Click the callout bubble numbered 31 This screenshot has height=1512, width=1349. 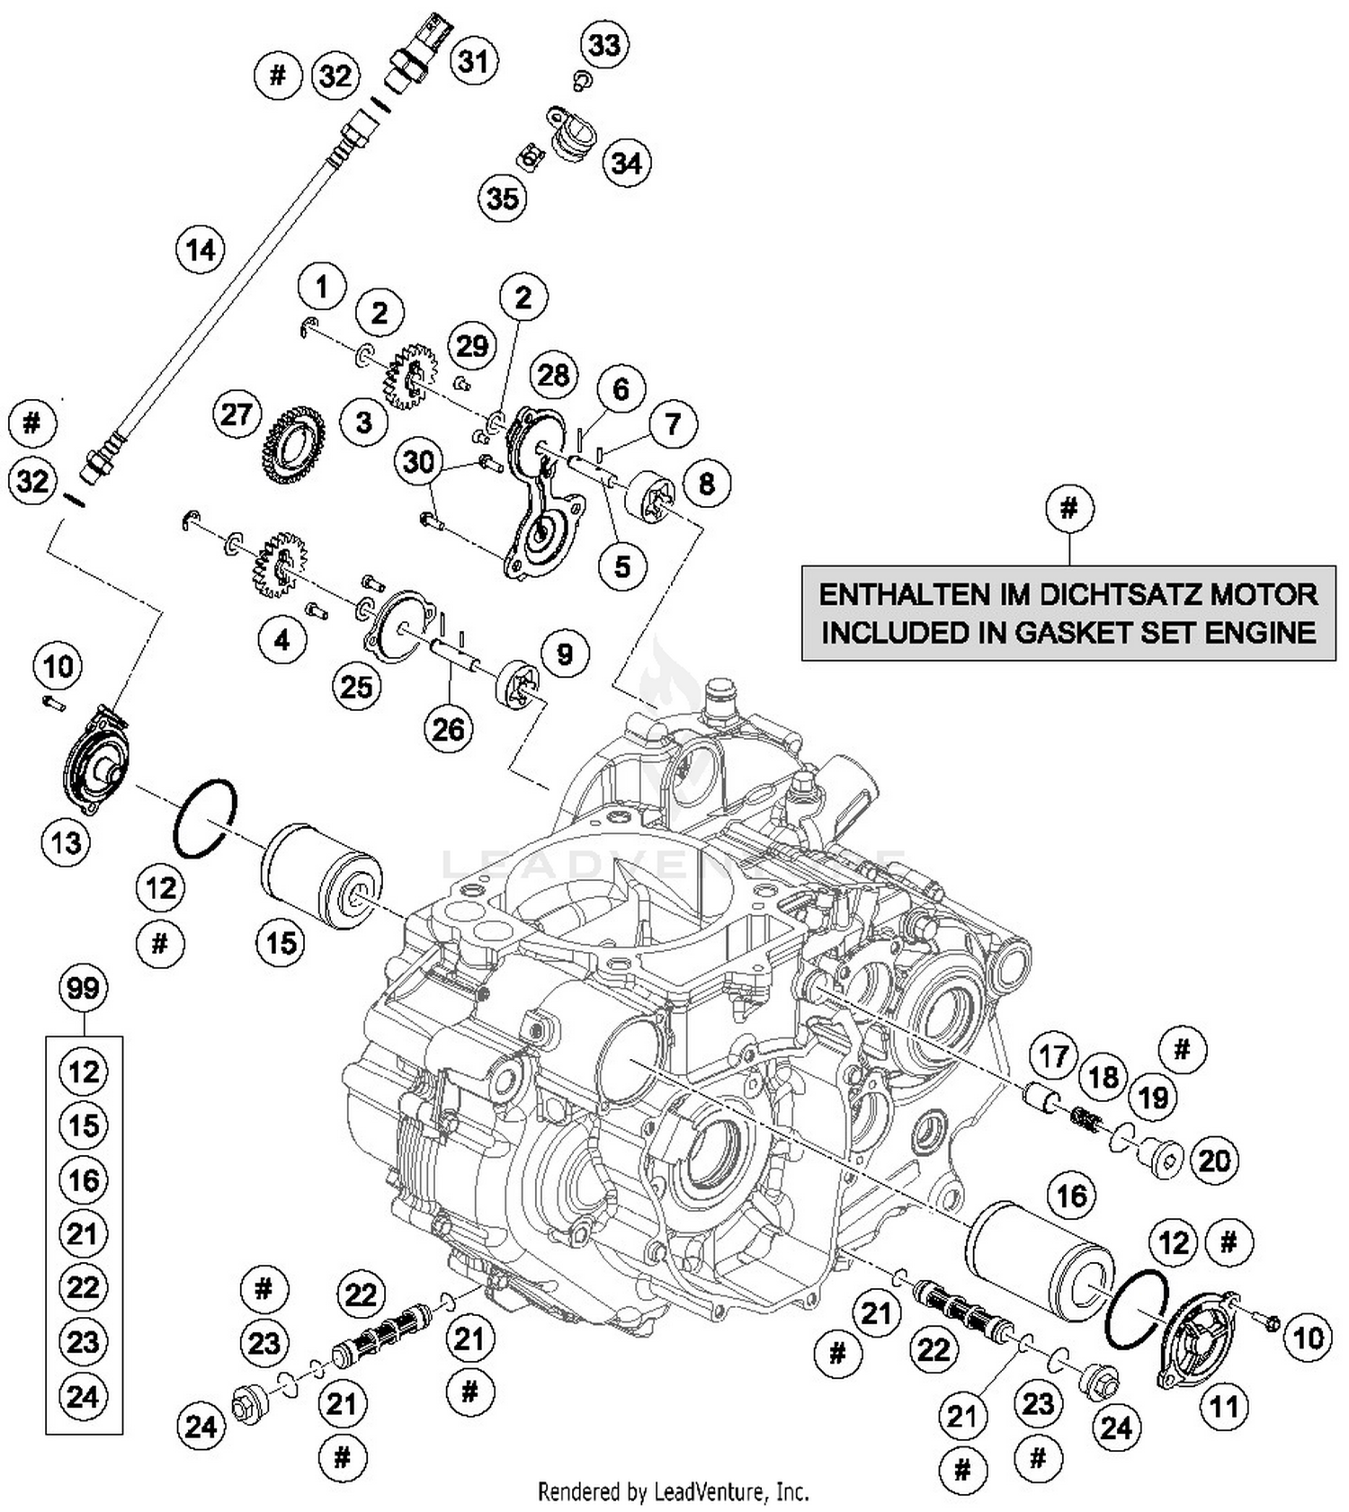click(474, 61)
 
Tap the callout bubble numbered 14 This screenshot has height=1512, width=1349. click(201, 249)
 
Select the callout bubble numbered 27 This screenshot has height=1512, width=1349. click(236, 415)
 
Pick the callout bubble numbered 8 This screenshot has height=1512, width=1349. click(706, 484)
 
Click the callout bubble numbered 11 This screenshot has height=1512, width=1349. click(1224, 1406)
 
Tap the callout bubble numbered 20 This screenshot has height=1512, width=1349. click(1214, 1161)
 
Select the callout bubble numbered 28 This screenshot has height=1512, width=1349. click(553, 374)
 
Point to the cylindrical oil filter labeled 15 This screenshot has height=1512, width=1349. click(321, 876)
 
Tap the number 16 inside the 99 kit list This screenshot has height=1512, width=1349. click(83, 1179)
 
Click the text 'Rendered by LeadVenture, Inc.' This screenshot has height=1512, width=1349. click(673, 1492)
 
